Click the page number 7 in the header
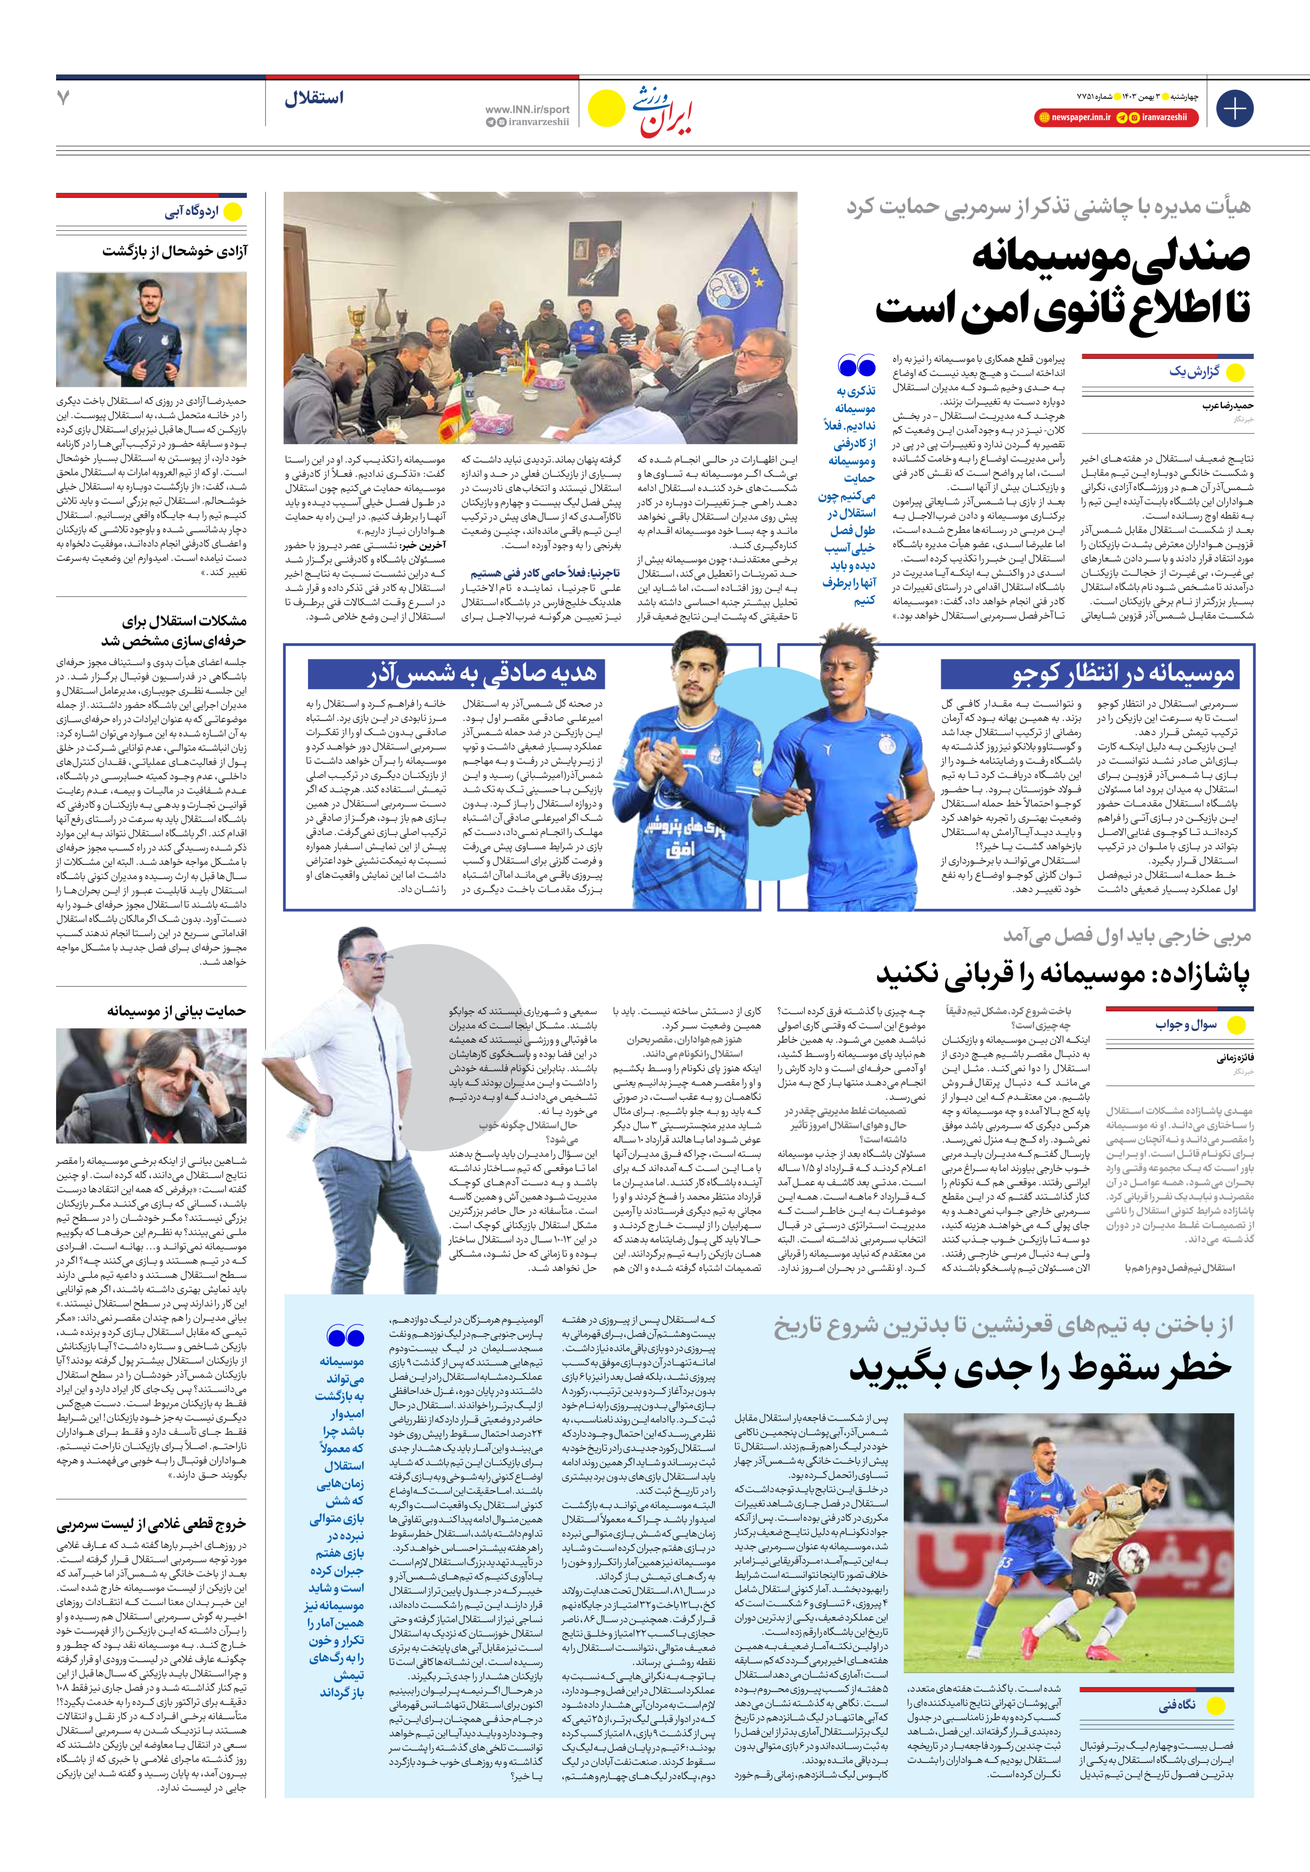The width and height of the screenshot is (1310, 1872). point(63,98)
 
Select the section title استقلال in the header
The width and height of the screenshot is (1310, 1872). point(314,98)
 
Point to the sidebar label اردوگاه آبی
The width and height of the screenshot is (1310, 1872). point(192,212)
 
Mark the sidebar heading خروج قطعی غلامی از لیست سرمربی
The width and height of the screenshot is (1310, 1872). point(151,1524)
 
